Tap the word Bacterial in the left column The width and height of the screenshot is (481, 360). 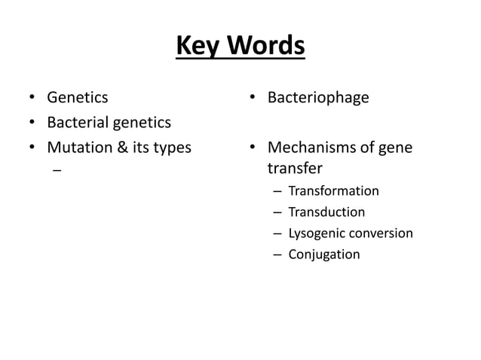[x=78, y=122]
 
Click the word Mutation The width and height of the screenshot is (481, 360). [x=78, y=147]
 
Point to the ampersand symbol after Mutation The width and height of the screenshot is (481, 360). [x=120, y=147]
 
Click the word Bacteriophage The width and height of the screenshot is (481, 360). [x=318, y=98]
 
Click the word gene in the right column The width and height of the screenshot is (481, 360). [x=396, y=148]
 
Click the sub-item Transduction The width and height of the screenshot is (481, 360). [x=326, y=212]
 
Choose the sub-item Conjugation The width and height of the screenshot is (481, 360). [x=323, y=255]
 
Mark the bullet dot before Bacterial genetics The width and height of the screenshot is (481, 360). [x=32, y=123]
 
